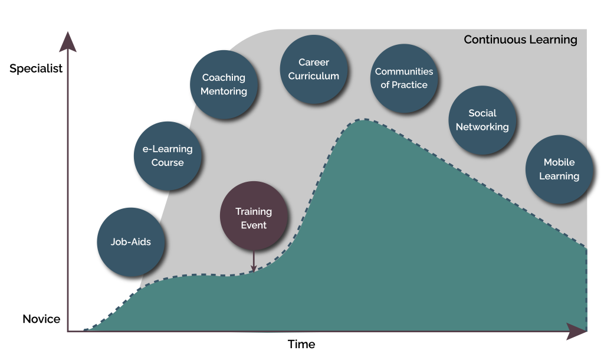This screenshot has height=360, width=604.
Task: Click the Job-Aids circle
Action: pyautogui.click(x=131, y=242)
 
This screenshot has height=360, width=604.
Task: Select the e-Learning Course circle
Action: pyautogui.click(x=168, y=156)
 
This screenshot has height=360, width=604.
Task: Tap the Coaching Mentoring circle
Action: pyautogui.click(x=224, y=84)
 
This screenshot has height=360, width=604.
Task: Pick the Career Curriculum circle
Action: pyautogui.click(x=313, y=69)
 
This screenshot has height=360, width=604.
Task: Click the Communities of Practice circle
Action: pyautogui.click(x=404, y=78)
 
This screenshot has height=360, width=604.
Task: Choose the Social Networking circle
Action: pyautogui.click(x=482, y=120)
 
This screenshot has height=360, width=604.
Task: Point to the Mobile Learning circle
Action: pyautogui.click(x=559, y=169)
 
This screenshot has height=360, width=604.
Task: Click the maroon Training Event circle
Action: pyautogui.click(x=254, y=218)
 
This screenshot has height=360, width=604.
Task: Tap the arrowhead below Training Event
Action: pyautogui.click(x=254, y=269)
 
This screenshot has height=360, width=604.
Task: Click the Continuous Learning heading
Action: pyautogui.click(x=520, y=40)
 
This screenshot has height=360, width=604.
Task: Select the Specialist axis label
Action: pyautogui.click(x=36, y=69)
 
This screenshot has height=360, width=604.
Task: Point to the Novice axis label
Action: pyautogui.click(x=41, y=319)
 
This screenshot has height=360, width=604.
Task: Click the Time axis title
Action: pyautogui.click(x=301, y=344)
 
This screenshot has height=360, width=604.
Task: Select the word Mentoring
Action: pyautogui.click(x=224, y=91)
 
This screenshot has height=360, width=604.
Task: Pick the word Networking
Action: pyautogui.click(x=482, y=127)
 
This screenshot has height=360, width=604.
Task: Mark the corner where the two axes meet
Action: pyautogui.click(x=68, y=331)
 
